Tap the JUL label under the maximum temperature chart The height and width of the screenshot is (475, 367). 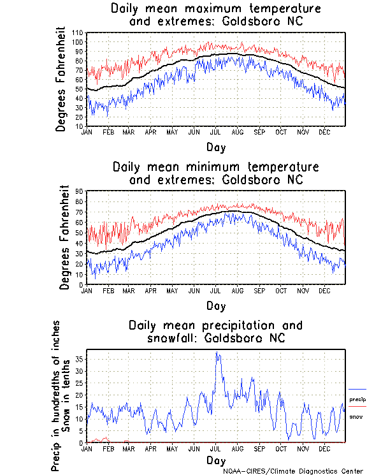(x=215, y=131)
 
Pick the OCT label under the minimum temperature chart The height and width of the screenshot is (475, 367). (x=281, y=289)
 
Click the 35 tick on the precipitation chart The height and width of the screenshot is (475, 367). (x=80, y=359)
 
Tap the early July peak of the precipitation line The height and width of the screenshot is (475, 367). (x=217, y=353)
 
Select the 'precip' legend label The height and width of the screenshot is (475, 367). (x=357, y=400)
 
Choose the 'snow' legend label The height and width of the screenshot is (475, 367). (x=356, y=416)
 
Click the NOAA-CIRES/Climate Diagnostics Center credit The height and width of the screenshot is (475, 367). (x=293, y=471)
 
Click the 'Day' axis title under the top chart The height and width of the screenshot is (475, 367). (x=215, y=147)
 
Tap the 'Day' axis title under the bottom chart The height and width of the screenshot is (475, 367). (x=215, y=460)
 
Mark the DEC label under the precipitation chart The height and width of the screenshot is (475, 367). (x=324, y=448)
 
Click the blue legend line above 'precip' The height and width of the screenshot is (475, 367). (x=357, y=389)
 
